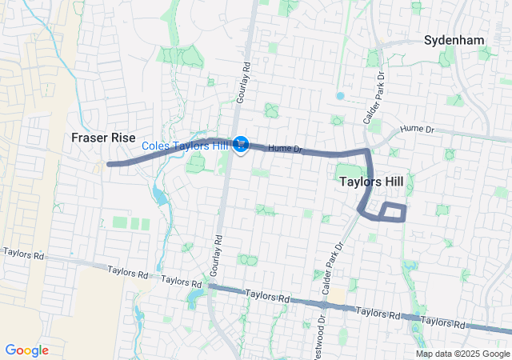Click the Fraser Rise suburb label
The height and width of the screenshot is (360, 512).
[x=102, y=137]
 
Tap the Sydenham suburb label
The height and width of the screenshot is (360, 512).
[x=454, y=39]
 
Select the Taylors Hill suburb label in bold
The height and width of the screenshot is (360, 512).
[x=370, y=182]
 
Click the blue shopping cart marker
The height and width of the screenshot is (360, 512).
[x=241, y=145]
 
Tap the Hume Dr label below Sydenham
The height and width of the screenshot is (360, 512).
[x=416, y=129]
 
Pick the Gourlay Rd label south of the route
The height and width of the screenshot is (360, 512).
[x=214, y=256]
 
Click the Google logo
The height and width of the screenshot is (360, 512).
[x=27, y=350]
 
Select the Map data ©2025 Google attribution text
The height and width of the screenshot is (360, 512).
[x=461, y=354]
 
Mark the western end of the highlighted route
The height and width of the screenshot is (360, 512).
[x=109, y=163]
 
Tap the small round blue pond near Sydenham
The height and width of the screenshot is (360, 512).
[x=340, y=96]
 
